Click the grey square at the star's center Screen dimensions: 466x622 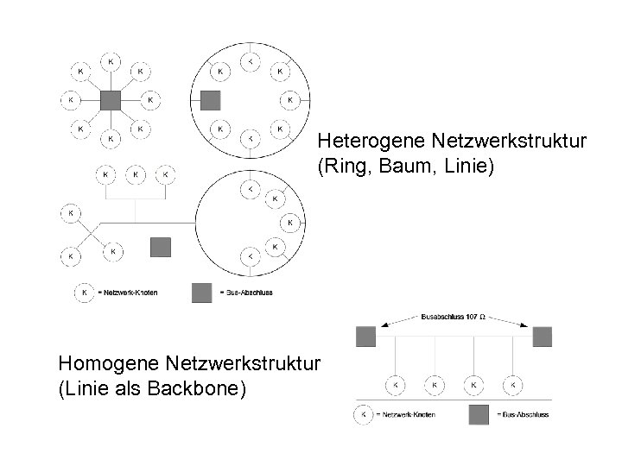[x=110, y=99]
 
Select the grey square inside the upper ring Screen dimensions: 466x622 [x=210, y=99]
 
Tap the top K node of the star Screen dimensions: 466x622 [x=110, y=61]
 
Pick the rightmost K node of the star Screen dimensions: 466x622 [x=150, y=99]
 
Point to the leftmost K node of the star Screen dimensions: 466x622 [x=70, y=99]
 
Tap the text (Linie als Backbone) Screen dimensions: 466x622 [x=151, y=389]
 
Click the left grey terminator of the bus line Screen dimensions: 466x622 [x=365, y=337]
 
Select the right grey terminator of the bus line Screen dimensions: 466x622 [x=542, y=337]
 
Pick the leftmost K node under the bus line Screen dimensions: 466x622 [x=395, y=383]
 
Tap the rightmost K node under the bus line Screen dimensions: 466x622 [x=512, y=383]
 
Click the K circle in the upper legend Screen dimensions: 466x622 [x=84, y=293]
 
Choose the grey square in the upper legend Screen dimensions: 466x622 [x=201, y=293]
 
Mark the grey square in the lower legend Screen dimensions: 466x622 [x=478, y=415]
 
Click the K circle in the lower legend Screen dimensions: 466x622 [x=364, y=415]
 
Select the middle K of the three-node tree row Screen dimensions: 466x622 [x=136, y=174]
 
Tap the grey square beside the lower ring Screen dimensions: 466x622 [x=160, y=247]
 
